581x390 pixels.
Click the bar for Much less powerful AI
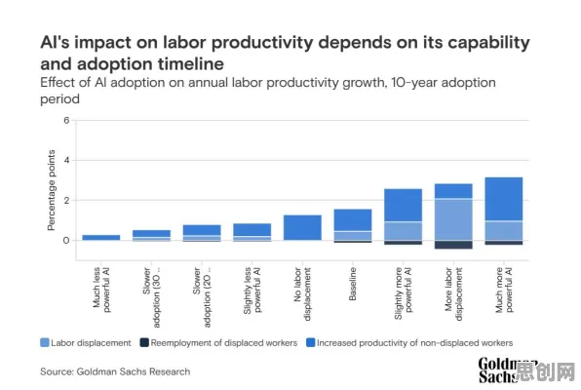[x=101, y=237]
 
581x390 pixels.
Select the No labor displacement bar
[x=302, y=227]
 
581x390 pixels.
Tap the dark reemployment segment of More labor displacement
[x=453, y=245]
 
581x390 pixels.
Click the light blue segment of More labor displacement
[x=453, y=219]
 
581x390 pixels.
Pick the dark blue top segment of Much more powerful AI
[x=504, y=199]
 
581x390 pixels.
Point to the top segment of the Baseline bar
[x=353, y=220]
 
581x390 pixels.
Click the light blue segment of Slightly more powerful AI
[x=404, y=231]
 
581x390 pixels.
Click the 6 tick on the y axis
[x=66, y=120]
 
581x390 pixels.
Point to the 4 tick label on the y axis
[x=66, y=160]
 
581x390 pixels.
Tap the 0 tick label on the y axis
[x=66, y=241]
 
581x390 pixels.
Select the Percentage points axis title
[x=51, y=190]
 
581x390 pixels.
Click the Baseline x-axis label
[x=353, y=284]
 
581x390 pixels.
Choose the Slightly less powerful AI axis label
[x=252, y=291]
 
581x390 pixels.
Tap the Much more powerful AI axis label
[x=504, y=290]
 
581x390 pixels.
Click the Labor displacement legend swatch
[x=45, y=342]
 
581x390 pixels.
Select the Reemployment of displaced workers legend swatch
[x=144, y=342]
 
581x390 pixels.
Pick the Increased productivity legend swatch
[x=311, y=342]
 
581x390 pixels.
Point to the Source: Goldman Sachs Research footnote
[x=115, y=371]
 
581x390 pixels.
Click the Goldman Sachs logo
[x=507, y=370]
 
